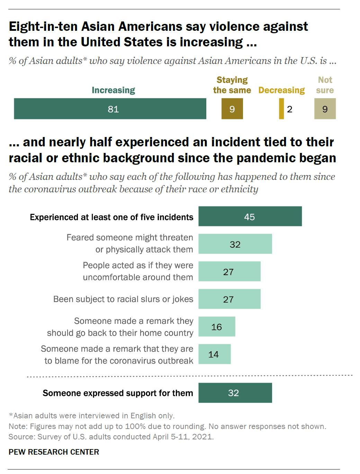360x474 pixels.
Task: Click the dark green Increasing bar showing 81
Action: coord(110,109)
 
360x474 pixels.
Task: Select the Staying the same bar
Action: coord(232,109)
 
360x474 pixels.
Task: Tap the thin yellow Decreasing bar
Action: coord(281,109)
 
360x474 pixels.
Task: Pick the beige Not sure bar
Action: coord(325,109)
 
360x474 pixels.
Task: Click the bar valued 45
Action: coord(250,217)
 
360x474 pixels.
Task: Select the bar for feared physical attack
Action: coord(235,244)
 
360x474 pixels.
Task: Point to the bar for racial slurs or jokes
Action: coord(229,299)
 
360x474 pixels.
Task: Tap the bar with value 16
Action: coord(217,327)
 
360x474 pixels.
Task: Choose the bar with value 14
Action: coord(214,354)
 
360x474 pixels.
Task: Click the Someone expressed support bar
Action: coord(235,393)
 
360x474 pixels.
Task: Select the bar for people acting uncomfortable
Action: coord(229,272)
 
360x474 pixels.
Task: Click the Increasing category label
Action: coord(113,90)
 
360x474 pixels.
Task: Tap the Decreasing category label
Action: coord(281,90)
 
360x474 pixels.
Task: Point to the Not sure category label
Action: coord(325,85)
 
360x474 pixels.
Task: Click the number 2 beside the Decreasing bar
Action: coord(290,109)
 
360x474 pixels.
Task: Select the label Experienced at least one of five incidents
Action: coord(111,217)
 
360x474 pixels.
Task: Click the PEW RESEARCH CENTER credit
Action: coord(54,452)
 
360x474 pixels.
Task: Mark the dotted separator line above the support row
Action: coord(190,376)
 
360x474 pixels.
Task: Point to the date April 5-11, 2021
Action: coord(183,437)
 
